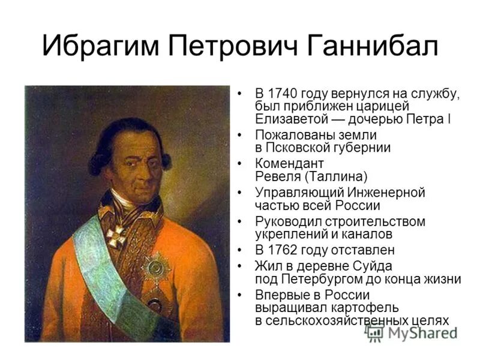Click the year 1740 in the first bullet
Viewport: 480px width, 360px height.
[x=281, y=95]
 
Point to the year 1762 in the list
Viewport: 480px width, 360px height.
[x=281, y=250]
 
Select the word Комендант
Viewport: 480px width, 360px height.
[x=290, y=164]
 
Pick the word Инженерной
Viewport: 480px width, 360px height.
[x=385, y=193]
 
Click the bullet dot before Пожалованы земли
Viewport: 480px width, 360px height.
[x=241, y=136]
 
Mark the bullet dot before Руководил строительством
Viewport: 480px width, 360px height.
[x=241, y=222]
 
